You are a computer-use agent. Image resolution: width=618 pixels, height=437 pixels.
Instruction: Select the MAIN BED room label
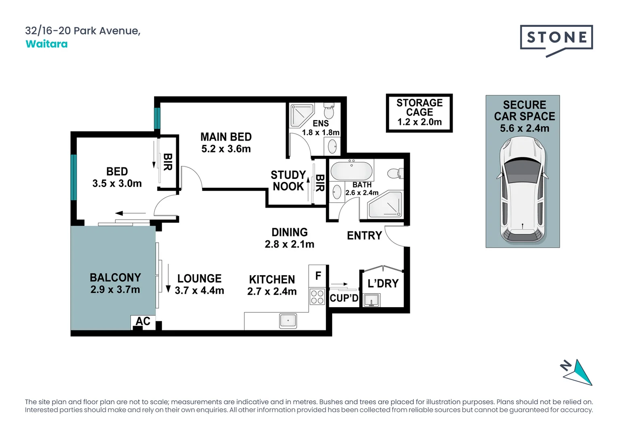(226, 137)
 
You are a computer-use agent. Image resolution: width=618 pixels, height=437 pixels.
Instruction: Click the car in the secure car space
(523, 190)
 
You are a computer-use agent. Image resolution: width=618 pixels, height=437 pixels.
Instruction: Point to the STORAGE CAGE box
(419, 113)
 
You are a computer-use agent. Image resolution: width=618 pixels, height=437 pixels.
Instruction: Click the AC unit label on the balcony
(143, 321)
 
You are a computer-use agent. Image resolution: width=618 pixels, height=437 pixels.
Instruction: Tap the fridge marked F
(318, 276)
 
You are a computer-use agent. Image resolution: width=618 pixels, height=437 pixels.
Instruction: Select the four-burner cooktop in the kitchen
(317, 297)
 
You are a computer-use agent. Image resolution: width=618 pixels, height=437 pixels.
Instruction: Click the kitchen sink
(288, 321)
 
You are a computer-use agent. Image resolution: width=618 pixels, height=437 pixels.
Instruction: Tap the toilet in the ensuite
(329, 110)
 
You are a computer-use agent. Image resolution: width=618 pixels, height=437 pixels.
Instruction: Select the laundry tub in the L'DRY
(371, 301)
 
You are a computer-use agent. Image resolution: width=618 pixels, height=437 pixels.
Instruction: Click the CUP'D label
(344, 298)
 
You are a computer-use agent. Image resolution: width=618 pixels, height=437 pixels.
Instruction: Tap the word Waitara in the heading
(47, 44)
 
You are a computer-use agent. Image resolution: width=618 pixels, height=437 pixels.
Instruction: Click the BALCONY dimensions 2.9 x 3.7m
(115, 290)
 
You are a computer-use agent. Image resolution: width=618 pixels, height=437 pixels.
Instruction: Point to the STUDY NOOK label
(288, 180)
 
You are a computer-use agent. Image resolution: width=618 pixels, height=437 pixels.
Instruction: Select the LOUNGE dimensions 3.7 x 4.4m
(199, 291)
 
